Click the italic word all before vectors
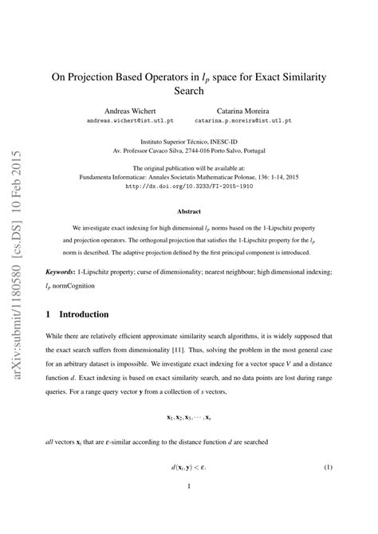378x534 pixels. pos(51,440)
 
